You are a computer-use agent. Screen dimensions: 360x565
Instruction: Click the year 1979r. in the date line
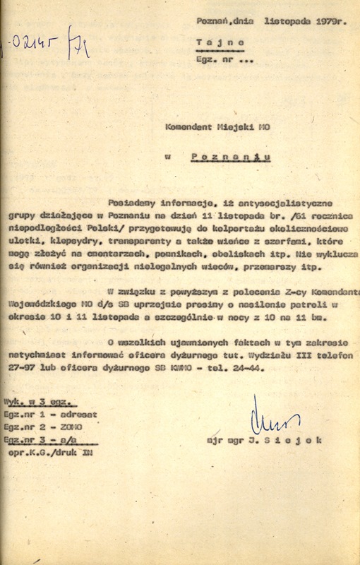pyautogui.click(x=328, y=21)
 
